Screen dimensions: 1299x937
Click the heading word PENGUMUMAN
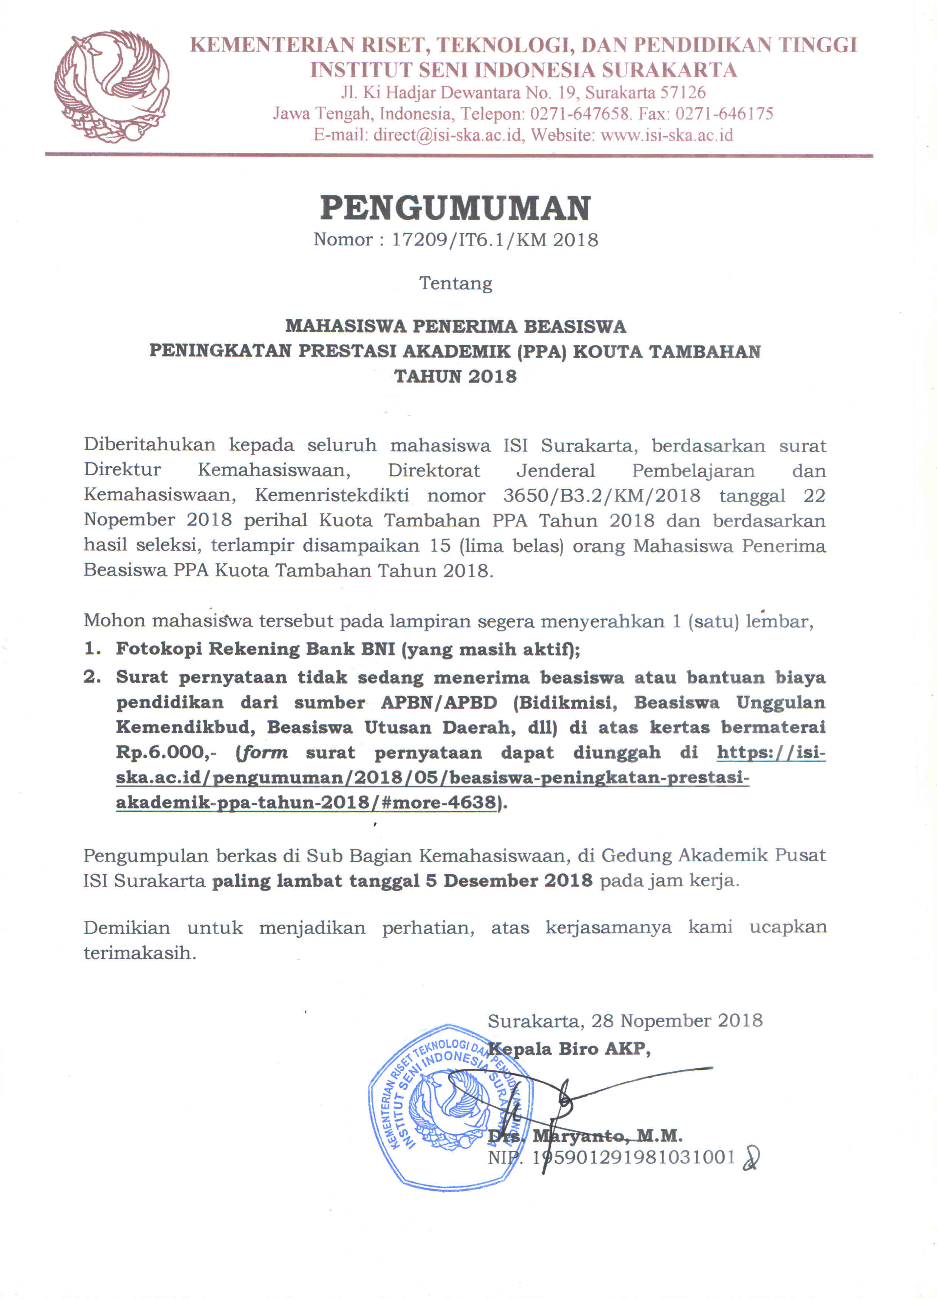point(455,208)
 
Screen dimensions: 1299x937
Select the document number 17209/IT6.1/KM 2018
point(495,240)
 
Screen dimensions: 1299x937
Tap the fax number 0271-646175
point(725,113)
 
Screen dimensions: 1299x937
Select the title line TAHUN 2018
point(455,376)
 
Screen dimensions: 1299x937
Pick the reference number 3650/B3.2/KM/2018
point(601,495)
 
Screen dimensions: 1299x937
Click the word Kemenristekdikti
point(332,495)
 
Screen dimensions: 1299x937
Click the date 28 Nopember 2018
point(677,1020)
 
